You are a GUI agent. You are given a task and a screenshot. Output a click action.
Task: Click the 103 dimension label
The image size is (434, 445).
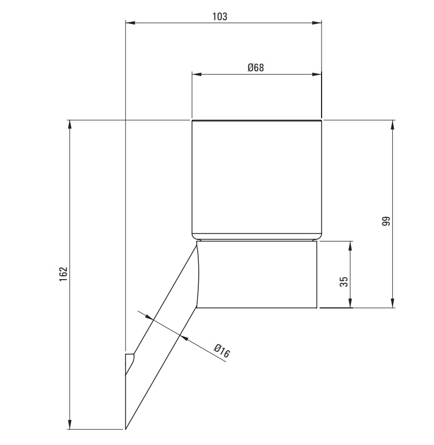tap(220, 16)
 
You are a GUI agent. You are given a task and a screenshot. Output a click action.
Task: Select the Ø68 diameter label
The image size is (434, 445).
tap(255, 67)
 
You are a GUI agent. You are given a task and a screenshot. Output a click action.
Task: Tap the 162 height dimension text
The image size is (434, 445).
tap(64, 274)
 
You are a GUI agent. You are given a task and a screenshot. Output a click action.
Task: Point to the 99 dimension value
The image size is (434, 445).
tap(386, 221)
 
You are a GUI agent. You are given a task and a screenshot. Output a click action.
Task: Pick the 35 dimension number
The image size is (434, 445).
tap(344, 282)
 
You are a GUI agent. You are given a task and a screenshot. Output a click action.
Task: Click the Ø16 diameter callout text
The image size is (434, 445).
tap(222, 351)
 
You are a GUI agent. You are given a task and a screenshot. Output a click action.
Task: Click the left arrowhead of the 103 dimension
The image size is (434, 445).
tap(130, 23)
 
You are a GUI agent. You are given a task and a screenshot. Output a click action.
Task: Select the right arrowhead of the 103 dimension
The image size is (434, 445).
tap(317, 23)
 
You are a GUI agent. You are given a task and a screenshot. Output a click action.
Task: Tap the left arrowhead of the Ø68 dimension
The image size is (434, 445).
tap(197, 75)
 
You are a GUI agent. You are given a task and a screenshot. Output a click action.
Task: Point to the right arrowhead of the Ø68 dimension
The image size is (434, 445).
tap(317, 75)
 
